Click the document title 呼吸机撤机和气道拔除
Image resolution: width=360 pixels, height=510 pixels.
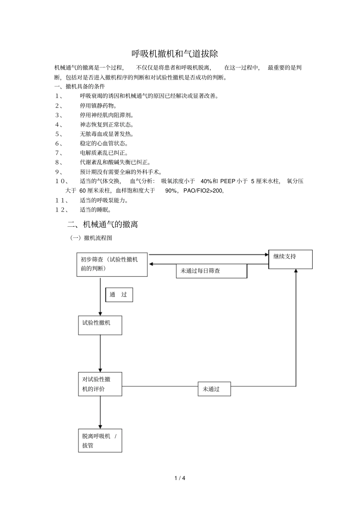pos(175,53)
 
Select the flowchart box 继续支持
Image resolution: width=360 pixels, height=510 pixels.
pos(290,259)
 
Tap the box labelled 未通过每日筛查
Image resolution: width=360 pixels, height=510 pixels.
pos(211,271)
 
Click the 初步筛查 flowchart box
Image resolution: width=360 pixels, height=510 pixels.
pos(112,264)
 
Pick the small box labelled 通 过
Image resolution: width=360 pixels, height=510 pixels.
pos(119,295)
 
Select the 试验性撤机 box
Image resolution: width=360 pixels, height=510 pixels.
pos(100,325)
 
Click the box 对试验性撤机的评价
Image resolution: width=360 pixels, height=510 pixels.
pos(100,384)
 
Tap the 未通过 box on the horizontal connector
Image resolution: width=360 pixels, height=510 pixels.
pos(214,389)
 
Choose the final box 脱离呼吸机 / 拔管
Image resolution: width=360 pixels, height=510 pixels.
pos(100,441)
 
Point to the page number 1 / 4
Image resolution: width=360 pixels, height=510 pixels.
pos(180,478)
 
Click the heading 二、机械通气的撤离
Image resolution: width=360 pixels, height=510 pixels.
pos(103,224)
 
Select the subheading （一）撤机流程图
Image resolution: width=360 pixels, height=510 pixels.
pos(91,238)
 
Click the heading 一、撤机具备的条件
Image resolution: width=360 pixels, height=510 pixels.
pos(80,86)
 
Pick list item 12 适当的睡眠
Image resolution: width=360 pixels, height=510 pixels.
pos(95,210)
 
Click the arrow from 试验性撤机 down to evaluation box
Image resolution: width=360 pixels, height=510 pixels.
pos(100,353)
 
